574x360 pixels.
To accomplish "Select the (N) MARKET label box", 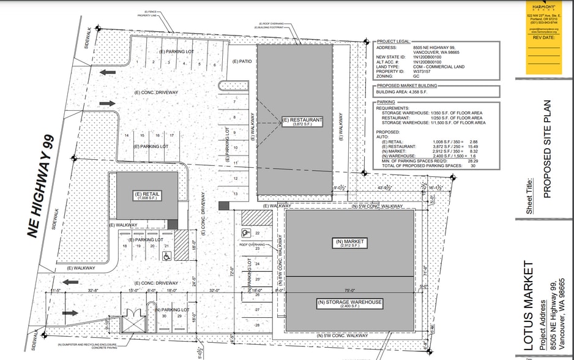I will point(349,243).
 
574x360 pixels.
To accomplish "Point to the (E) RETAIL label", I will point(147,196).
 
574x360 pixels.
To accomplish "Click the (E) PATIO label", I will point(243,61).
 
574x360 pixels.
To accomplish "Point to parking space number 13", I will point(236,193).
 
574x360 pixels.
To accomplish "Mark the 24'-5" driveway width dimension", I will point(194,281).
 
